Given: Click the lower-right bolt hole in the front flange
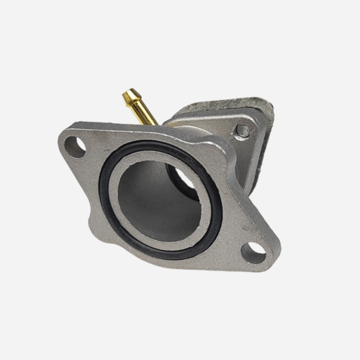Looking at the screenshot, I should pyautogui.click(x=251, y=251).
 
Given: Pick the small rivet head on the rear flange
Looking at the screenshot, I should pyautogui.click(x=244, y=131).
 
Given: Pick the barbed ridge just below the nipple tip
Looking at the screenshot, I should pyautogui.click(x=132, y=98).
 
